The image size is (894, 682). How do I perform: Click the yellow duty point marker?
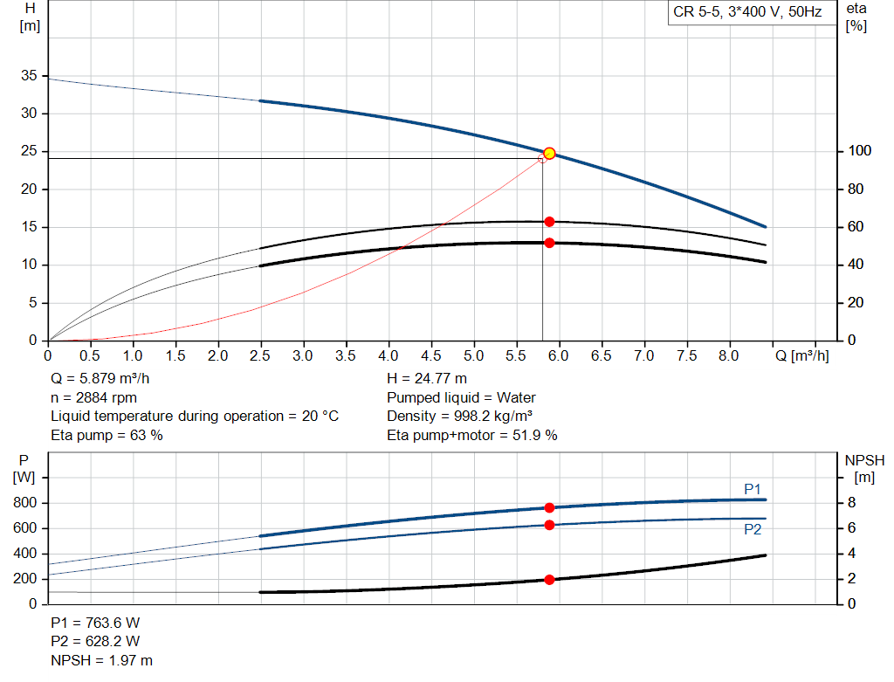[549, 154]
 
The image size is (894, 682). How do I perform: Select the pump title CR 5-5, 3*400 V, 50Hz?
[748, 13]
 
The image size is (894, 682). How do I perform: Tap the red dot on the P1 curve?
[549, 507]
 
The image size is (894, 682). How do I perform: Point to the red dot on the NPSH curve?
[549, 580]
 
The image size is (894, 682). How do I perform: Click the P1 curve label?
[753, 489]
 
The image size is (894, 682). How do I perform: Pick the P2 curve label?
[753, 529]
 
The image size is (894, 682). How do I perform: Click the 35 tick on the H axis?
[30, 77]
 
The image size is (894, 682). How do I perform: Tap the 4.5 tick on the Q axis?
[431, 356]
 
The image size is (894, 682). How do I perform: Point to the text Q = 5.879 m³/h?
[106, 379]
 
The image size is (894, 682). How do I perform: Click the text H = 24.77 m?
[426, 379]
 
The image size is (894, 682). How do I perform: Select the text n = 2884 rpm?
[93, 398]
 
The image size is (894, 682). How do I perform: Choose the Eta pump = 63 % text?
[107, 435]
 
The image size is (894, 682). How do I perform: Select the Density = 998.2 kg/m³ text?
[460, 417]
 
